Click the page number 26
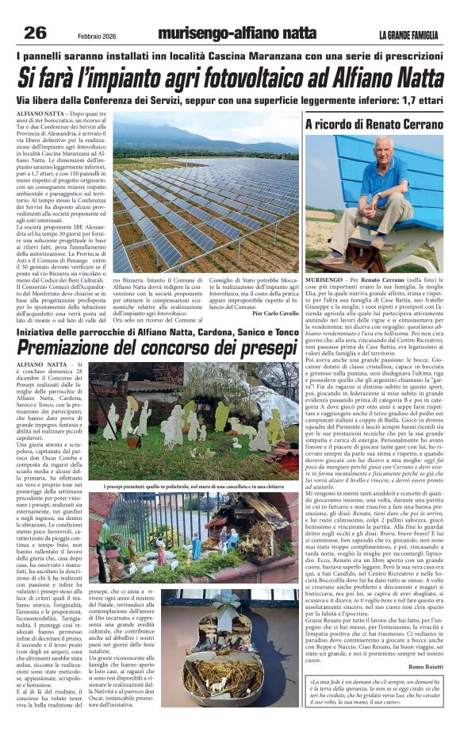tap(36, 33)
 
